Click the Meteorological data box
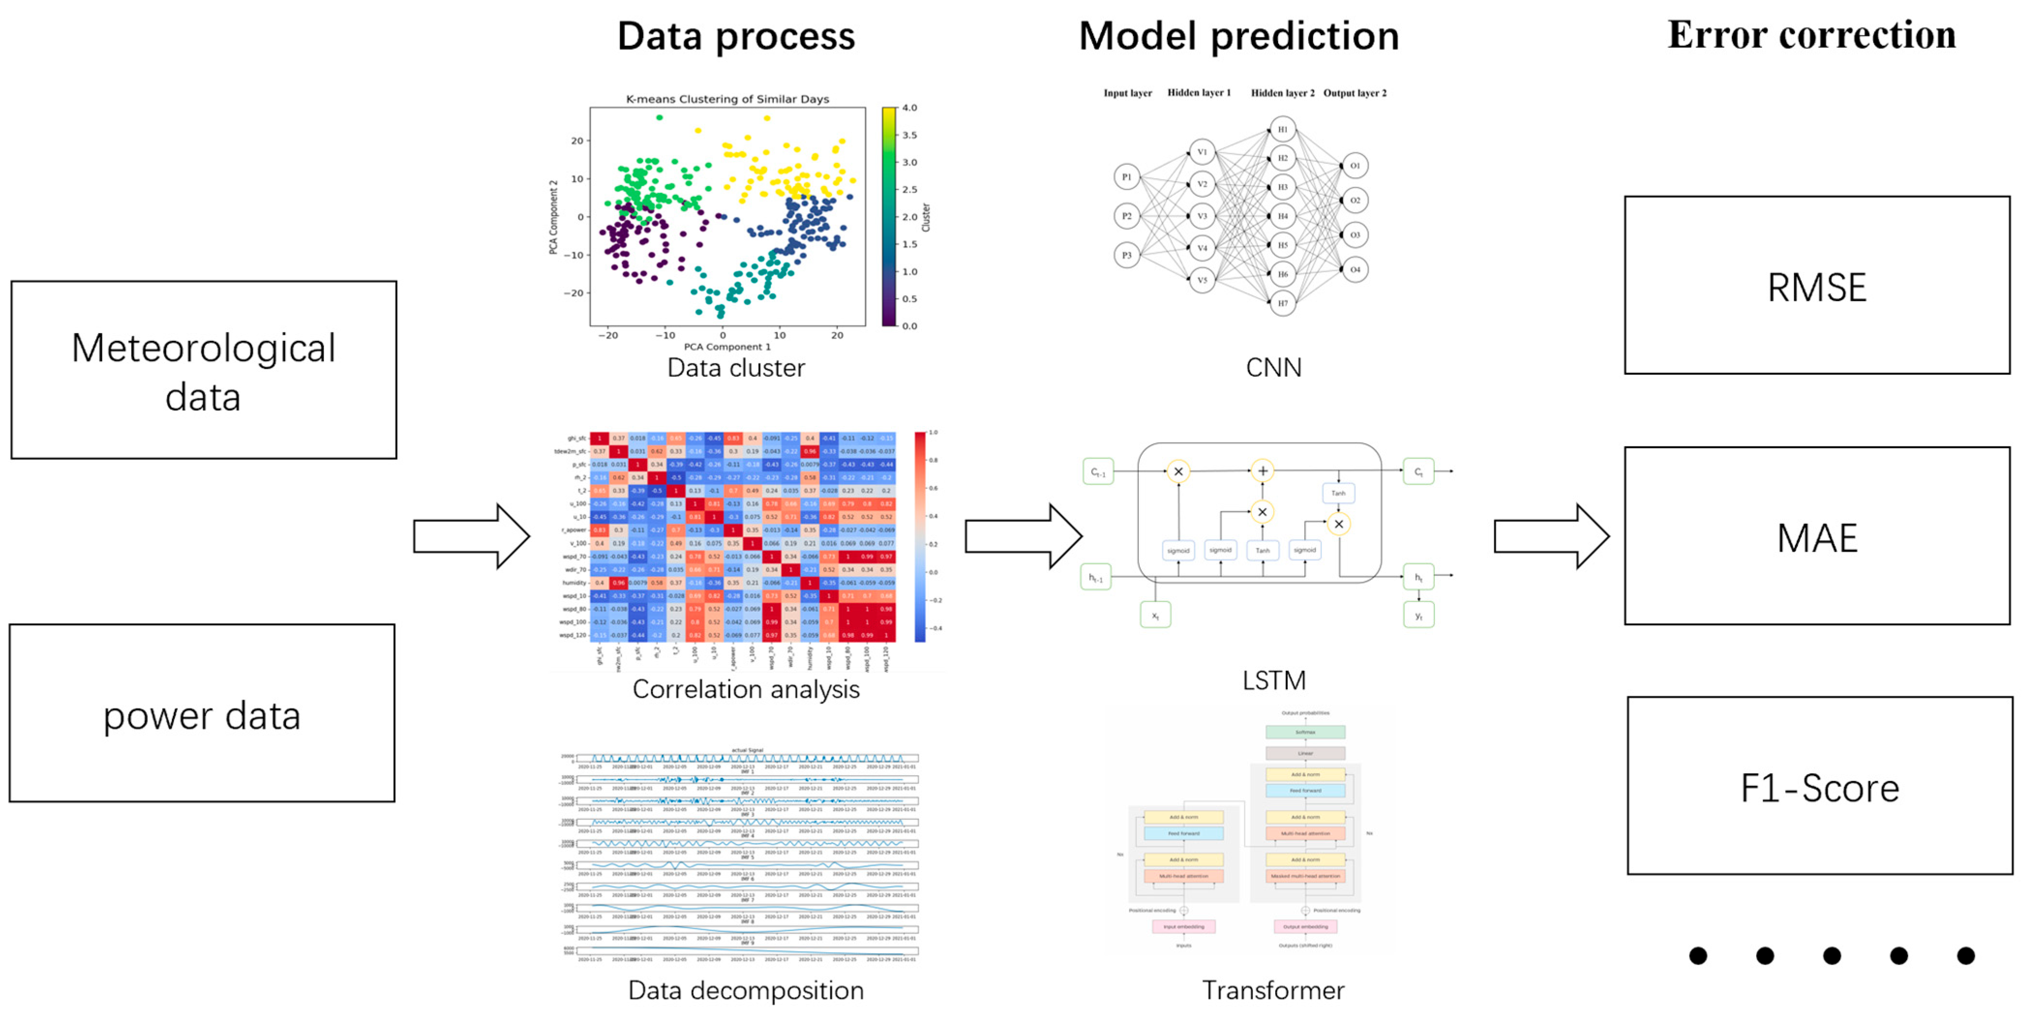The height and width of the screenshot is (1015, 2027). pos(203,370)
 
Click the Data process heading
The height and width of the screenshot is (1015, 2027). pos(736,36)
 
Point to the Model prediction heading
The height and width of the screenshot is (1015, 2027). pos(1238,36)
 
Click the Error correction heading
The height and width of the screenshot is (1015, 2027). pos(1811,35)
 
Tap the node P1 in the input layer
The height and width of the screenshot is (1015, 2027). pos(1127,177)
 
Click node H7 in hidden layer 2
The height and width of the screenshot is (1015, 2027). pos(1282,303)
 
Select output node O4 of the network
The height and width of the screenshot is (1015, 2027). pos(1355,269)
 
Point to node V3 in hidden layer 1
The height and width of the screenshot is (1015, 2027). pos(1202,216)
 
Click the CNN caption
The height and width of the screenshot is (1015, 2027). pos(1273,368)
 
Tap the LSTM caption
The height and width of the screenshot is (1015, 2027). pos(1273,680)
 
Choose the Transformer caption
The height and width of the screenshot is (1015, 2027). pos(1273,990)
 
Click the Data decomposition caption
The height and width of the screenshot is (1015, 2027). pos(745,990)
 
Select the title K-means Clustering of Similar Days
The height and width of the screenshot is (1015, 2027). pos(727,99)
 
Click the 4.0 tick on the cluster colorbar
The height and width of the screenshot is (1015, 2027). pos(909,108)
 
